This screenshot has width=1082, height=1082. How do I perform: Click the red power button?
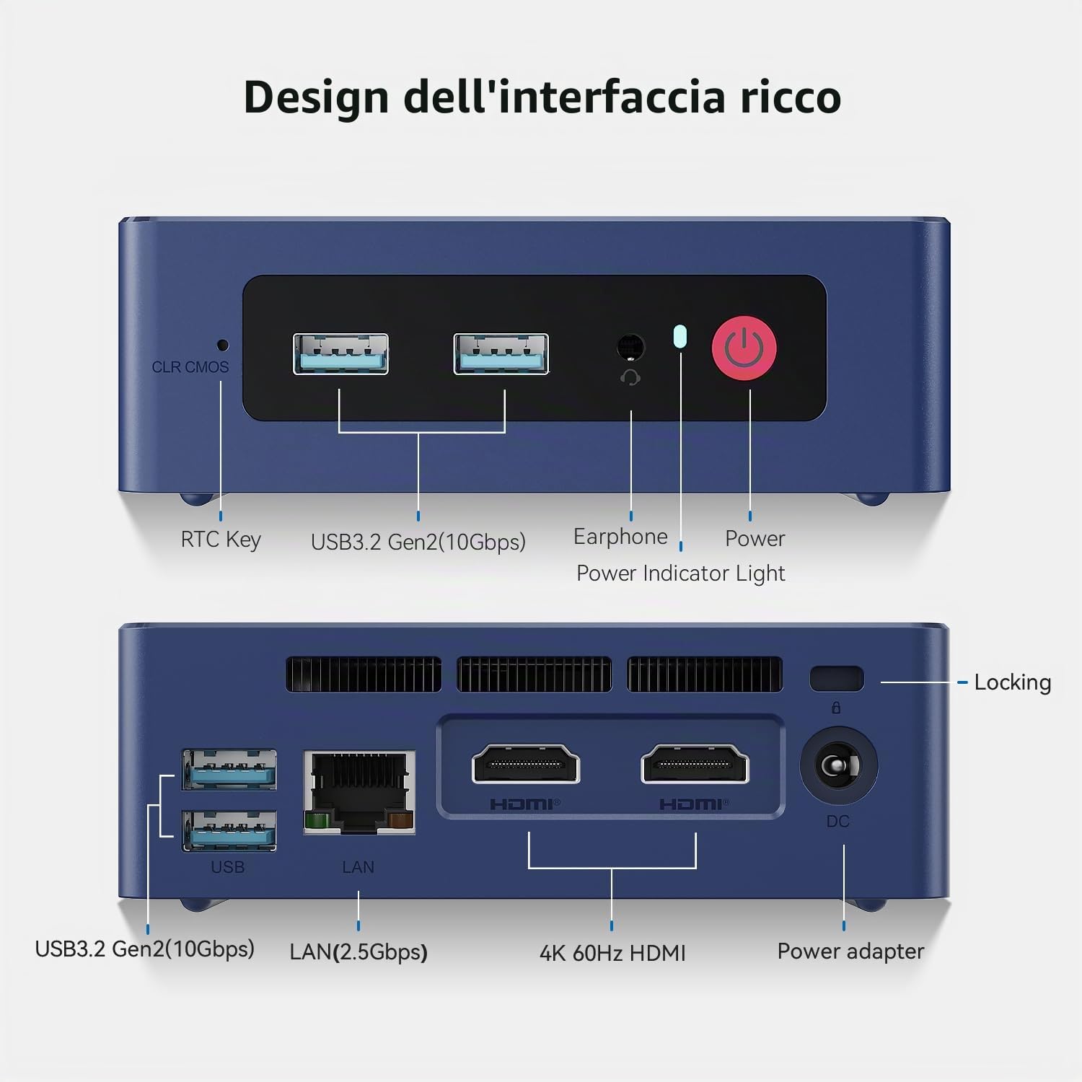744,348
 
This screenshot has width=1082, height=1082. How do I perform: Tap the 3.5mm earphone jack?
631,347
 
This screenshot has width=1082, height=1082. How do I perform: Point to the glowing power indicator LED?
679,336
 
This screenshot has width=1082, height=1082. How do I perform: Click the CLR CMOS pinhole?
223,345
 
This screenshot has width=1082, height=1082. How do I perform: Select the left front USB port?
340,353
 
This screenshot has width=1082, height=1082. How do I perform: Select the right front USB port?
501,353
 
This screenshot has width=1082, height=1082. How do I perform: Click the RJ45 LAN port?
359,792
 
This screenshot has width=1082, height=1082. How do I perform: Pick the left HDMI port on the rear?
526,765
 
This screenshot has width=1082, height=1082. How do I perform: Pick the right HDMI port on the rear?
695,765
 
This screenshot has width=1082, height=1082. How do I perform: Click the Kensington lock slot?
837,679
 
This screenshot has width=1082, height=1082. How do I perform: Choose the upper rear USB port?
229,770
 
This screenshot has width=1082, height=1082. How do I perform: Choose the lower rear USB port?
229,830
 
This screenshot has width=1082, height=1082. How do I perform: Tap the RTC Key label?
221,540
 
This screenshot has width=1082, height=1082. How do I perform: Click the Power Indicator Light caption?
680,573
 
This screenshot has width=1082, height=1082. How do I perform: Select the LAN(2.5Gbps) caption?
359,952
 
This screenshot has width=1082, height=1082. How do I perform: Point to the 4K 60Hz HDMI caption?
612,953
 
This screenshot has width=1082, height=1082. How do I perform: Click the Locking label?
1013,682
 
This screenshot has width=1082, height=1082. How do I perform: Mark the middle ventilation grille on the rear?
535,674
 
